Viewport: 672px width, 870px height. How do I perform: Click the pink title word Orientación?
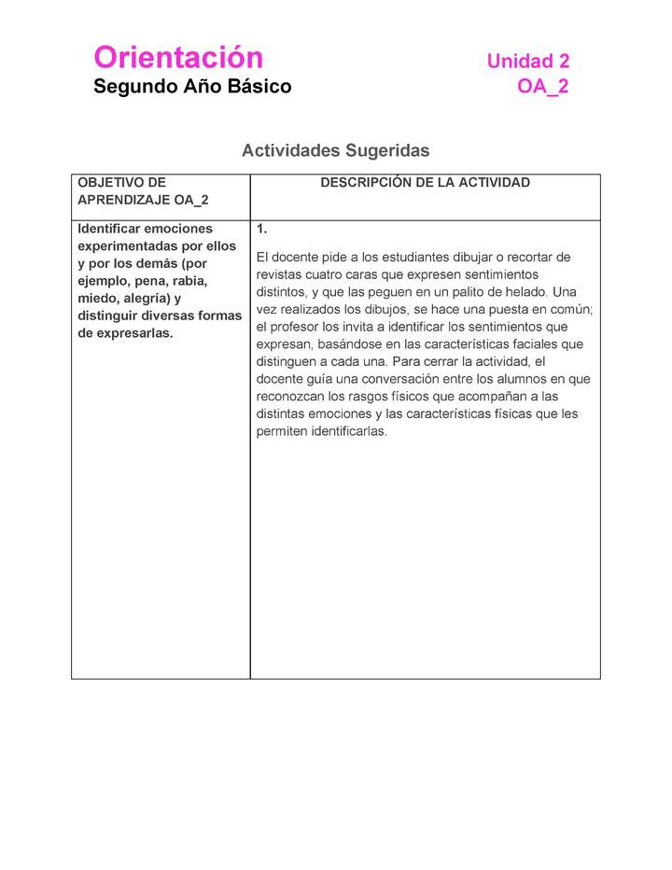point(178,58)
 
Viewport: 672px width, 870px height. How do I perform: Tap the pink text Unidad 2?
point(527,62)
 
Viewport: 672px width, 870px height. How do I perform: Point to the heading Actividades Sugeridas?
point(335,150)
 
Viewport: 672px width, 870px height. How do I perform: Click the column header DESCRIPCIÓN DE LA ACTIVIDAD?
point(425,183)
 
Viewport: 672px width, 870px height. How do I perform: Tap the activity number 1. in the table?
point(262,229)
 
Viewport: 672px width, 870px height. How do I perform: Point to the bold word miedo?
point(97,299)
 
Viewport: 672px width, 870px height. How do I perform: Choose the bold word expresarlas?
point(125,333)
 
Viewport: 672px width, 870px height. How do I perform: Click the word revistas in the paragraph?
point(281,274)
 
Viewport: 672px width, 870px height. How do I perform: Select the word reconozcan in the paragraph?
point(291,397)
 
